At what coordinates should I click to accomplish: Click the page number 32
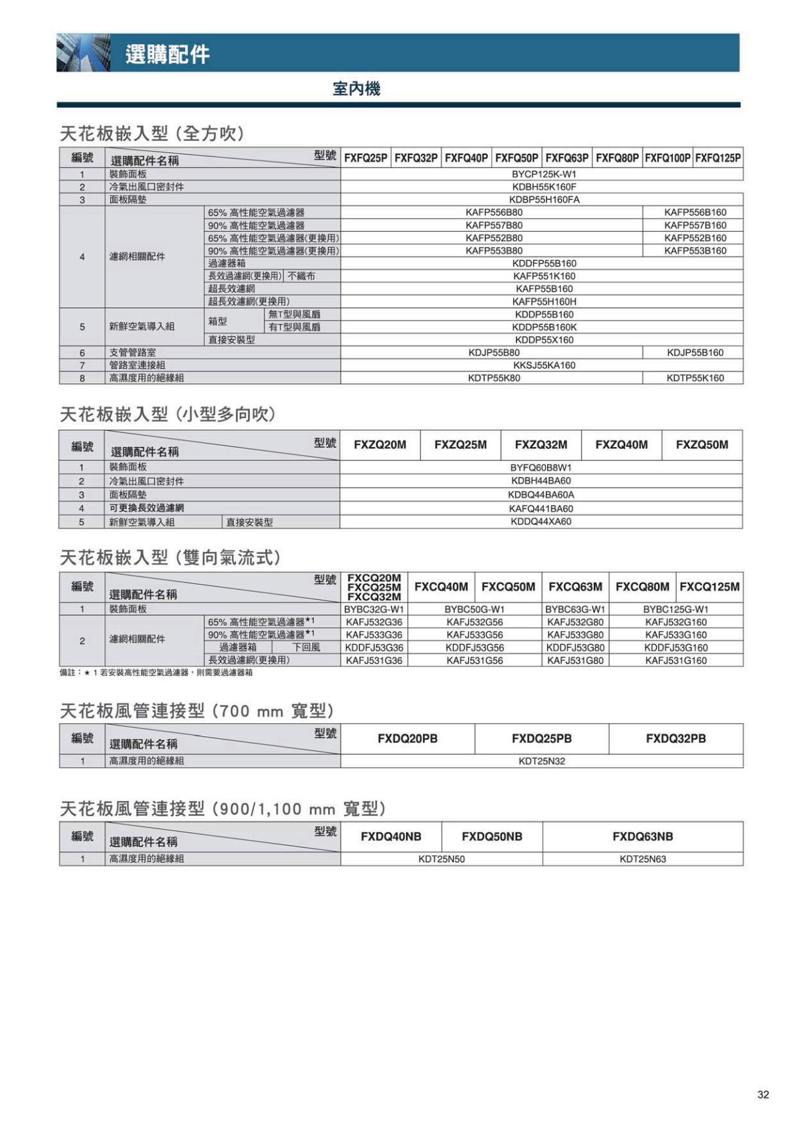(763, 1094)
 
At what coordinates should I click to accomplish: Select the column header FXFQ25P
(365, 158)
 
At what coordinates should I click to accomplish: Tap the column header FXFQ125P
(718, 158)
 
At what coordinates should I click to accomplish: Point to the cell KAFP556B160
(695, 212)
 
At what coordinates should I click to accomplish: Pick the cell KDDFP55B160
(544, 263)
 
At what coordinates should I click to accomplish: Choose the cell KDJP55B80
(494, 352)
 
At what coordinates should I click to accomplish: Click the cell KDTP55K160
(695, 378)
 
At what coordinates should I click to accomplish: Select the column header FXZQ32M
(541, 445)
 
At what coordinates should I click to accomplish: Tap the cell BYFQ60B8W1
(541, 468)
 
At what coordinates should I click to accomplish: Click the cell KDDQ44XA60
(541, 522)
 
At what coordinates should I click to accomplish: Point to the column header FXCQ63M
(575, 587)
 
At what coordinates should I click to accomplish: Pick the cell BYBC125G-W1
(675, 609)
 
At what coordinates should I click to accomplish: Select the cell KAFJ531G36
(374, 661)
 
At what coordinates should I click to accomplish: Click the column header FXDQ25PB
(542, 738)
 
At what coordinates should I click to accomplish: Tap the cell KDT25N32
(542, 761)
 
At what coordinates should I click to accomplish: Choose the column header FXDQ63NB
(643, 836)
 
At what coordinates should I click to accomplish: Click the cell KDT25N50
(442, 859)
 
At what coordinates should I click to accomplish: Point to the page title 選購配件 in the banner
(167, 54)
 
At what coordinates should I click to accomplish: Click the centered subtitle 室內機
(356, 89)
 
